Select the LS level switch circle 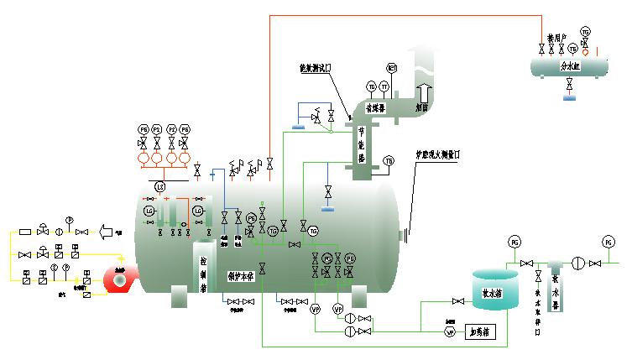tap(159, 185)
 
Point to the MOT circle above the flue tap(391, 67)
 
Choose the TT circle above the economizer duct tap(384, 86)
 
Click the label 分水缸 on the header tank tap(569, 64)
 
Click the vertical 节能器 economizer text tap(362, 143)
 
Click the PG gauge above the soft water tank tap(514, 243)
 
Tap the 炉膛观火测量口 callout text tap(441, 154)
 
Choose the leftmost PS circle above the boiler tap(143, 129)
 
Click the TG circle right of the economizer tap(389, 160)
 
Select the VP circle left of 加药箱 tap(450, 331)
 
